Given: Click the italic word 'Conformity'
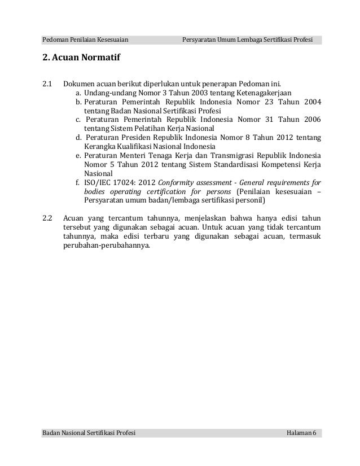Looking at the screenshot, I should click(177, 182).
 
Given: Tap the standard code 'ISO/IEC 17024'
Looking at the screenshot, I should click(108, 182).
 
